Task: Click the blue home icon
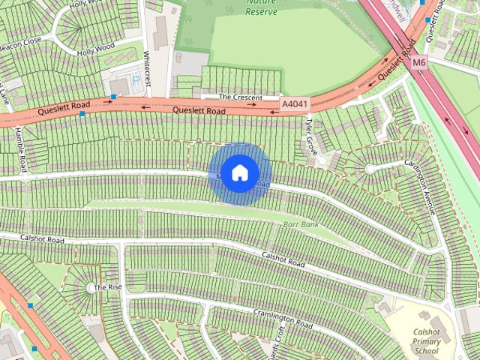239,173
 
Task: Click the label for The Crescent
240,97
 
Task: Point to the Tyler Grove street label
312,136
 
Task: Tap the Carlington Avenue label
419,187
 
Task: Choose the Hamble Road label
20,148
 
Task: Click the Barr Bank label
301,224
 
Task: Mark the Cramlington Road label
282,319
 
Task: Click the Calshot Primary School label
426,341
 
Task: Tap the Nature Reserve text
261,7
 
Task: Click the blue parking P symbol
136,77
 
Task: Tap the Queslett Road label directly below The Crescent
199,111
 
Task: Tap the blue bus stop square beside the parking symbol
113,97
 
